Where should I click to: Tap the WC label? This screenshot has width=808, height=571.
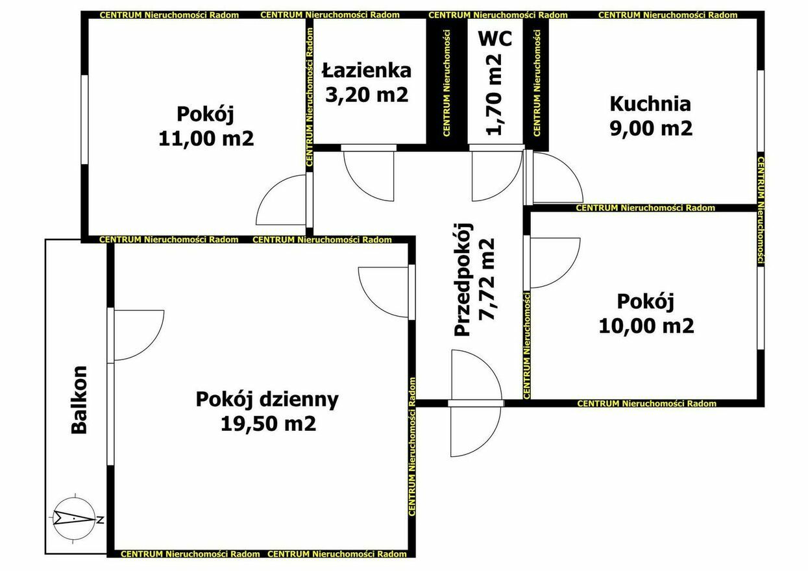pos(495,38)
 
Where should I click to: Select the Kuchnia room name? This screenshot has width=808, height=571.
pos(650,104)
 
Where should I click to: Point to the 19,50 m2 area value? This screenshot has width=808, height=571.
pos(269,424)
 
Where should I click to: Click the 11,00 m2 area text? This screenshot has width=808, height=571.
pos(206,138)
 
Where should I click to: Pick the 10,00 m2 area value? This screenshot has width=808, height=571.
pos(646,326)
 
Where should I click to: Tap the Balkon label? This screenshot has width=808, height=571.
pos(79,400)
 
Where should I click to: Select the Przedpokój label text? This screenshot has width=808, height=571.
pos(463,280)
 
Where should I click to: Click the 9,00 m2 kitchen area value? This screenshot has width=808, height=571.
pos(652,128)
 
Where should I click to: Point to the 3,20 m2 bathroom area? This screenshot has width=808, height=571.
pos(367,95)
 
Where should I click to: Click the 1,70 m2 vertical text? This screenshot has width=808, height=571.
pos(494,95)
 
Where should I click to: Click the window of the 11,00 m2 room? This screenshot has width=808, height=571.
pos(84,119)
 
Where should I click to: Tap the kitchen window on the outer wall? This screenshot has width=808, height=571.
pos(761,111)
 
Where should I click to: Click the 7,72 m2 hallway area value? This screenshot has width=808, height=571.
pos(486,279)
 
